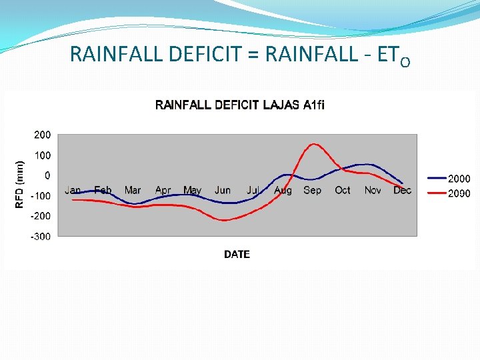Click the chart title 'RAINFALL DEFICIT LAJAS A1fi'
(x=240, y=105)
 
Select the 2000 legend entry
(x=459, y=179)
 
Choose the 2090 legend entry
(x=459, y=193)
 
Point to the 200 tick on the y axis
(x=42, y=135)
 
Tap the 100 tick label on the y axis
(x=42, y=155)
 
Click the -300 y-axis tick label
(x=41, y=237)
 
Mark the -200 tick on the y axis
(x=41, y=216)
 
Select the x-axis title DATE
(x=237, y=254)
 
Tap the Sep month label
(x=312, y=191)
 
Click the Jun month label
(x=223, y=191)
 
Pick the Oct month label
(x=342, y=191)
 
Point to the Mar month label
(x=133, y=191)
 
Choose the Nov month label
(x=373, y=191)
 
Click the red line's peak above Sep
(x=313, y=144)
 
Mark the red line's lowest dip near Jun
(x=224, y=220)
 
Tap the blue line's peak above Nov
(x=365, y=164)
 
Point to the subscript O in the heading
(x=405, y=61)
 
